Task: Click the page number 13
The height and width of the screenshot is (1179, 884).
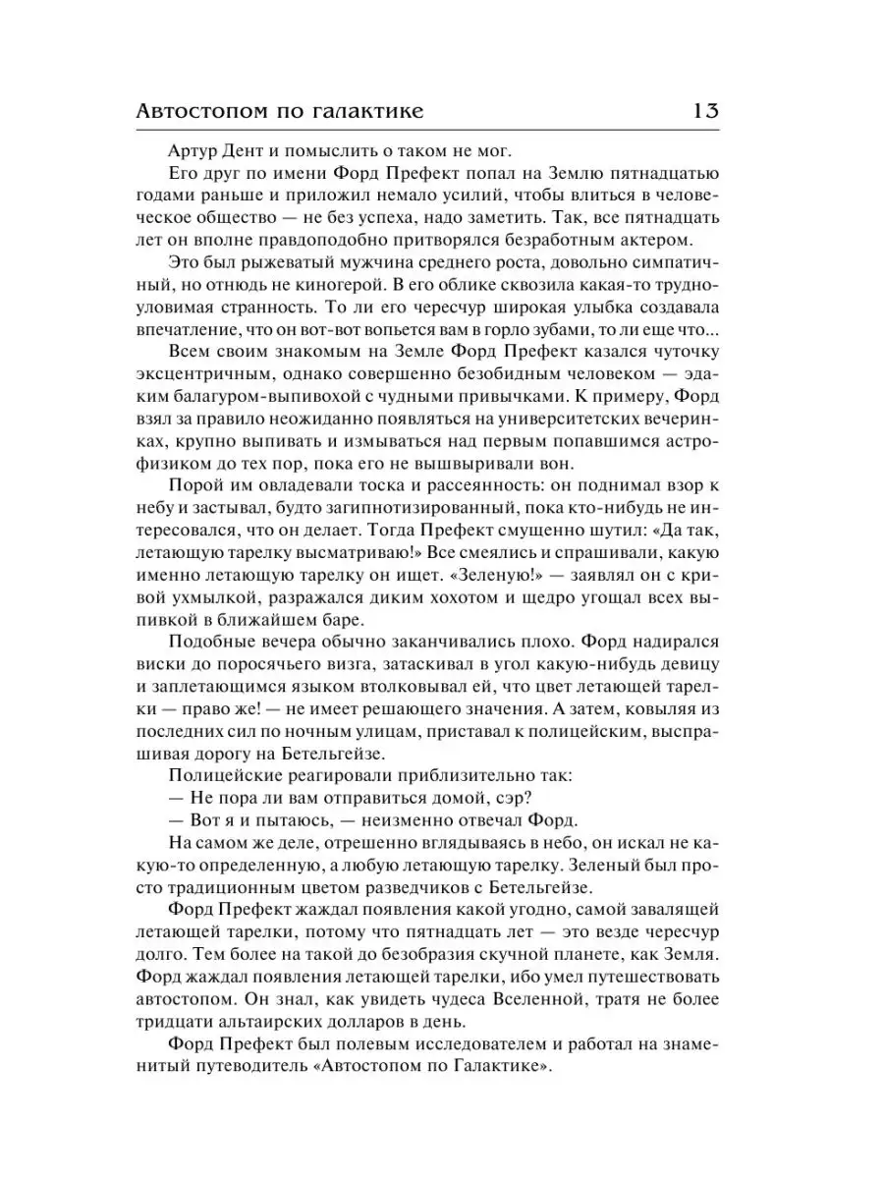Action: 705,110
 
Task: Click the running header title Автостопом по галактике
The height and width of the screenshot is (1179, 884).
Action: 283,111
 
